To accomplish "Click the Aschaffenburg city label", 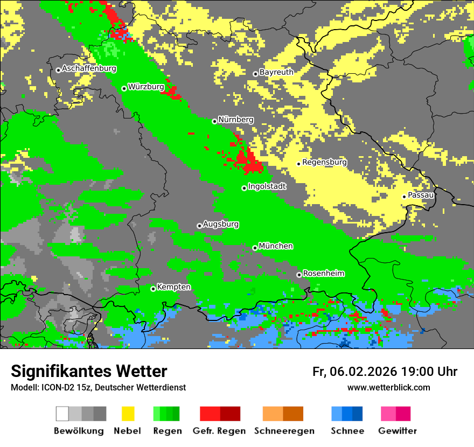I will pyautogui.click(x=89, y=69).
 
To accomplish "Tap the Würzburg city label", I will pyautogui.click(x=146, y=87).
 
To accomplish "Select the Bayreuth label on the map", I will pyautogui.click(x=276, y=72).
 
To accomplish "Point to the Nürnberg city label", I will pyautogui.click(x=236, y=120).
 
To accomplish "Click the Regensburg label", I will pyautogui.click(x=324, y=162).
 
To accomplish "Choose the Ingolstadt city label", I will pyautogui.click(x=267, y=186).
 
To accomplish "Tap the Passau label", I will pyautogui.click(x=421, y=195).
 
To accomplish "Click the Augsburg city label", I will pyautogui.click(x=221, y=224).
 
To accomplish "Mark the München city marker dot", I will pyautogui.click(x=255, y=248).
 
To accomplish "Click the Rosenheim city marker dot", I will pyautogui.click(x=299, y=275).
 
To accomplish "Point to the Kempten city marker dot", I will pyautogui.click(x=153, y=289).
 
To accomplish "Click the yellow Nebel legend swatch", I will pyautogui.click(x=128, y=414).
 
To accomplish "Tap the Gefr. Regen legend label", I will pyautogui.click(x=219, y=431).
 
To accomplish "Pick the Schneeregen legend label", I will pyautogui.click(x=284, y=431).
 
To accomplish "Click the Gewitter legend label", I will pyautogui.click(x=397, y=431).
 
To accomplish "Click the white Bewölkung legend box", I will pyautogui.click(x=62, y=414).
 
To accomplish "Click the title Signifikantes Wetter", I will pyautogui.click(x=89, y=371).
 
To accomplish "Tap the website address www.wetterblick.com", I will pyautogui.click(x=388, y=387).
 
